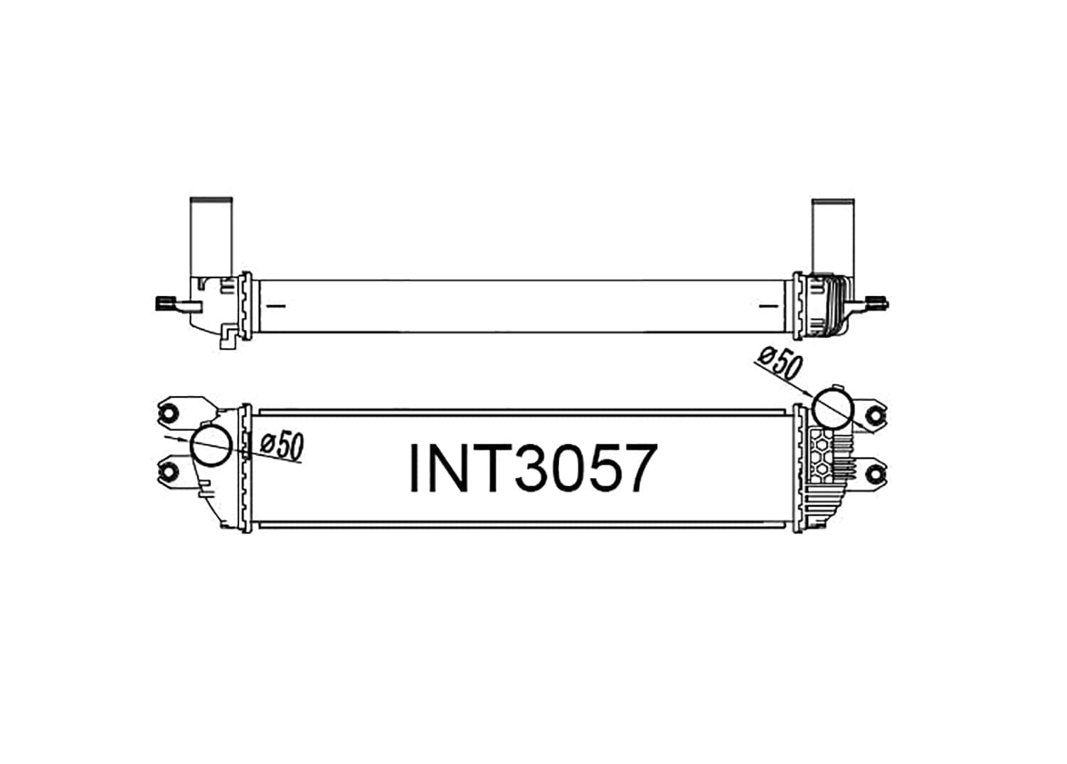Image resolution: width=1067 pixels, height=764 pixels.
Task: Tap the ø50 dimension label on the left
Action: (282, 446)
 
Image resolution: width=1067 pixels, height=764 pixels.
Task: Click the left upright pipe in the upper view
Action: (211, 235)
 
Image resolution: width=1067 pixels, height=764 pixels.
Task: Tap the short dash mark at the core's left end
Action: (275, 307)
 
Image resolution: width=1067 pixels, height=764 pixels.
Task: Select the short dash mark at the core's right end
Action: (768, 307)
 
